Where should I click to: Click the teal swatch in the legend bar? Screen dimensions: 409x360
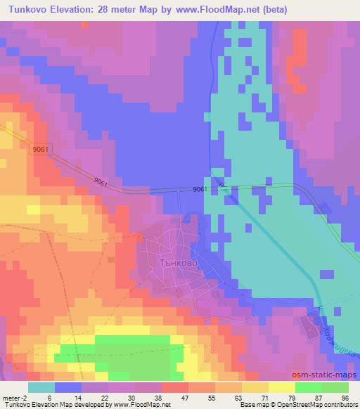point(41,387)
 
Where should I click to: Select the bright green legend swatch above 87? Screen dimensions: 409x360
point(308,387)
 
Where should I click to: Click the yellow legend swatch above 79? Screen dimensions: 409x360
point(281,387)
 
